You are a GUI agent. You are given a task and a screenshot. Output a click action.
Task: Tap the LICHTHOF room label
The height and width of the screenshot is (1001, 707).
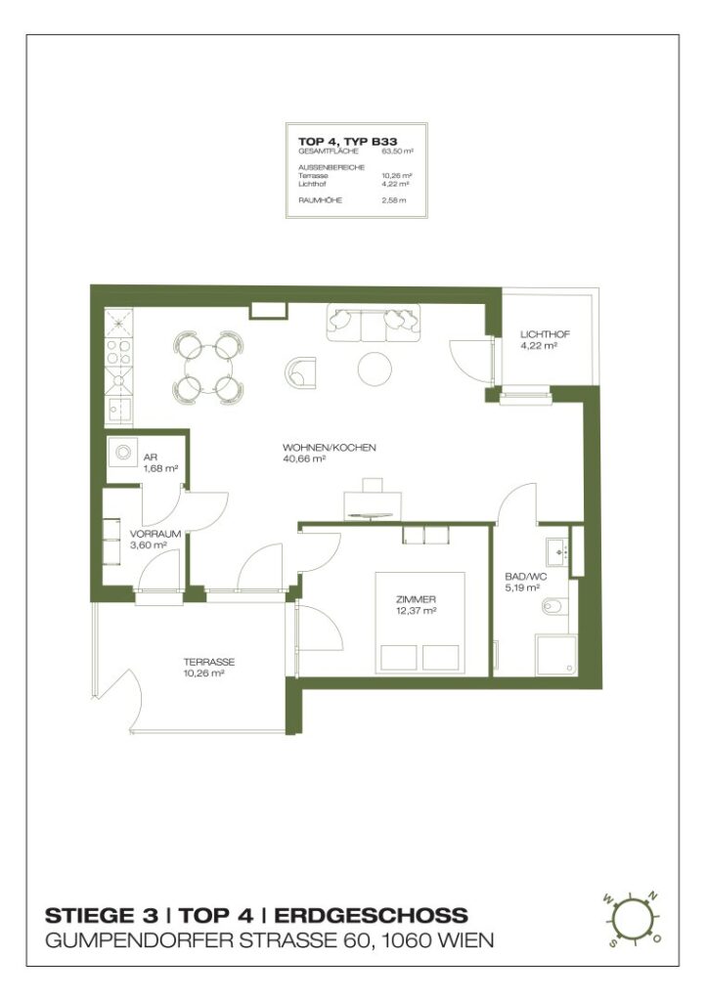[545, 335]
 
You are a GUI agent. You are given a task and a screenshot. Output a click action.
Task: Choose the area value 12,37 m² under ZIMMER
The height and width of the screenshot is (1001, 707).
[416, 610]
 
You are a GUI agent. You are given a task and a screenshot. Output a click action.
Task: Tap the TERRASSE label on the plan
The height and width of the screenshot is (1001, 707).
[208, 662]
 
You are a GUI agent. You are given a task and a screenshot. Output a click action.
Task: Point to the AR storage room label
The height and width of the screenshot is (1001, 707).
[151, 457]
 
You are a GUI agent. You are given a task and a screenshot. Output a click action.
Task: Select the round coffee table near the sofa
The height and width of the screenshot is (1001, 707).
[375, 368]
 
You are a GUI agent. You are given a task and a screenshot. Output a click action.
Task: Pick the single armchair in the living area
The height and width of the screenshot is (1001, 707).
[302, 370]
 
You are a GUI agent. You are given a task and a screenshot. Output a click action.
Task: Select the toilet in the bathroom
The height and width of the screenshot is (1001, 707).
[552, 609]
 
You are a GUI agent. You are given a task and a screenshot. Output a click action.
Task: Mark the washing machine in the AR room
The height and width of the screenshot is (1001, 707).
[123, 453]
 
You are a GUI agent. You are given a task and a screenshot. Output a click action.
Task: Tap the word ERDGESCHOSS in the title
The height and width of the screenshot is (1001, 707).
[371, 916]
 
